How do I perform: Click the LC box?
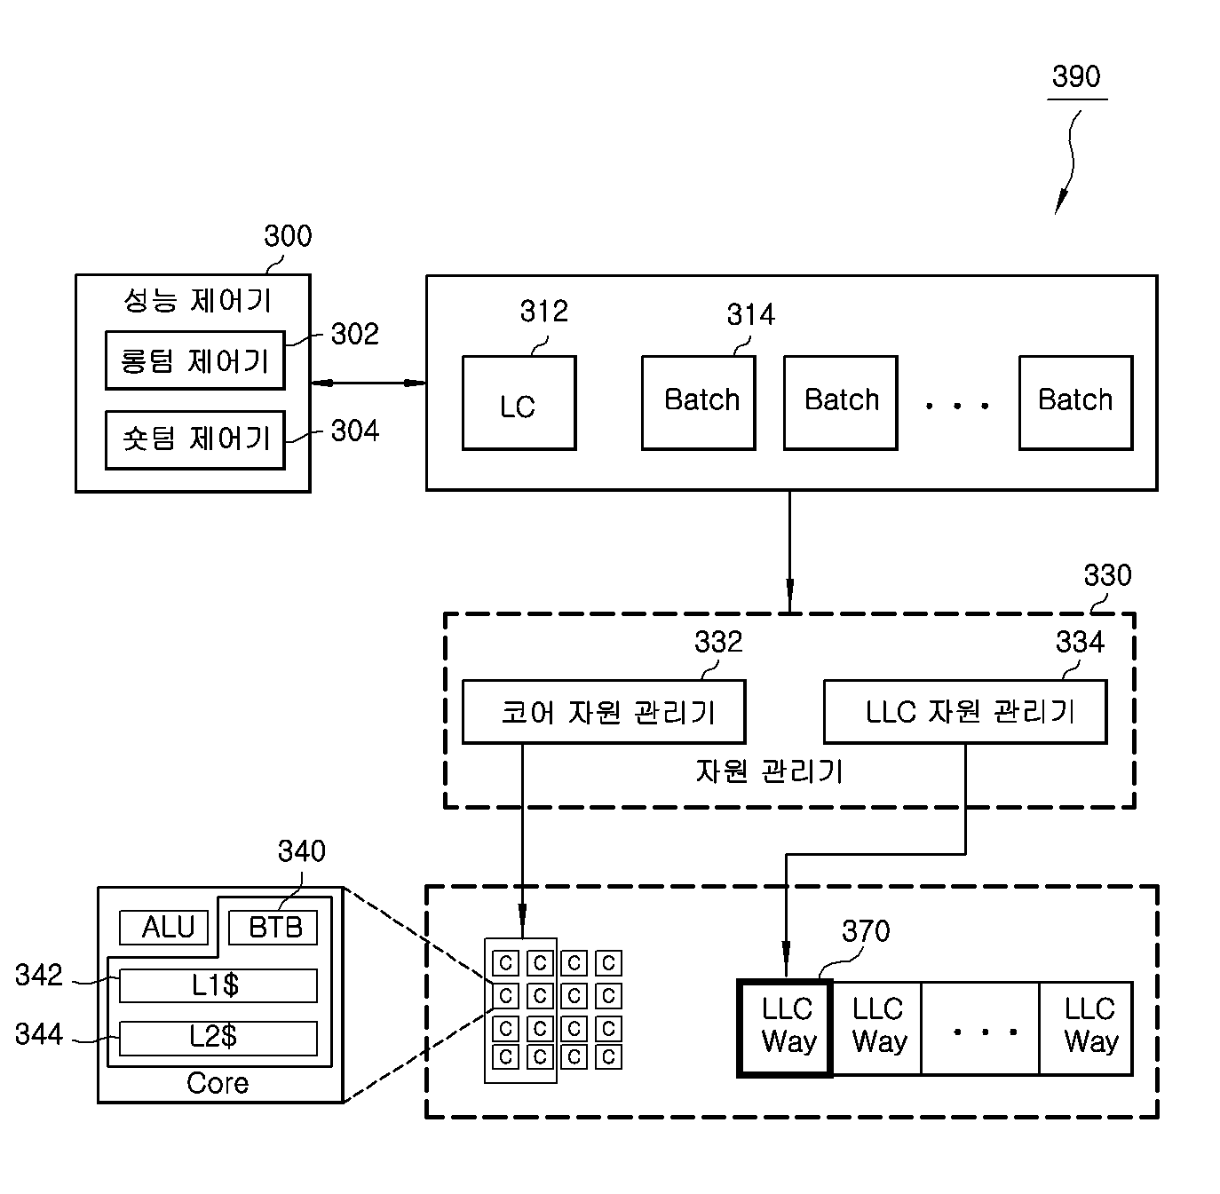click(x=519, y=403)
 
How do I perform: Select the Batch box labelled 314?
click(x=698, y=403)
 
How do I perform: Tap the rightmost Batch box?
click(x=1075, y=403)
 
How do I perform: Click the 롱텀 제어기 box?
click(x=195, y=360)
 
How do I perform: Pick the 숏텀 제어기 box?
click(x=195, y=440)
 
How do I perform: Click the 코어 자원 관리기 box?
click(x=604, y=712)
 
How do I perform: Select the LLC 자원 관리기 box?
click(x=965, y=712)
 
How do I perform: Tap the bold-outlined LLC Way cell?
click(x=784, y=1028)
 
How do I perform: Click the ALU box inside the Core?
click(x=164, y=928)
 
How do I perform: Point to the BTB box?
click(x=273, y=928)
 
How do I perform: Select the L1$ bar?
click(x=218, y=985)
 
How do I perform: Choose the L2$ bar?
click(x=218, y=1039)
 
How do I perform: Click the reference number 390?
click(x=1076, y=76)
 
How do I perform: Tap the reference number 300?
click(x=288, y=236)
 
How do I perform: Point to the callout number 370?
click(x=866, y=931)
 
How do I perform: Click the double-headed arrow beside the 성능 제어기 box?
click(x=368, y=383)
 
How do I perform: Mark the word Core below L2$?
click(x=218, y=1083)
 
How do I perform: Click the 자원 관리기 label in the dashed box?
click(x=769, y=771)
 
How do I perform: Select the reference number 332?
click(x=718, y=642)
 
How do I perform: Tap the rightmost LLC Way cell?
click(x=1087, y=1028)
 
